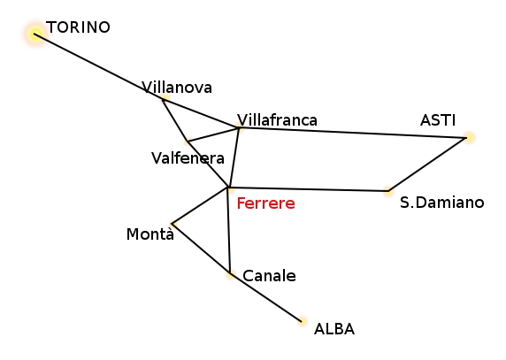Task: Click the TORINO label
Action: click(78, 27)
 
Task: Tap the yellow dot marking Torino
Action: click(34, 34)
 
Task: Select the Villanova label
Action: click(177, 88)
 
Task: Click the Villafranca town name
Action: click(277, 120)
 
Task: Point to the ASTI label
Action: click(438, 120)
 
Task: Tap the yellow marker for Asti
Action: click(469, 138)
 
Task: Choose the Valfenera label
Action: click(188, 158)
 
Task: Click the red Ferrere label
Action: click(266, 203)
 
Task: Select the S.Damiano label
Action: click(441, 203)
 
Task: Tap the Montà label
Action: click(150, 234)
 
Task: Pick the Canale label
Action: click(269, 276)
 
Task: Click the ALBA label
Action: click(334, 329)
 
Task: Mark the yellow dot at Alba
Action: click(303, 321)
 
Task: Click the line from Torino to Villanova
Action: click(99, 66)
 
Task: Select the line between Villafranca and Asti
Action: click(353, 133)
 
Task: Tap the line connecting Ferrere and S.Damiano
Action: click(309, 189)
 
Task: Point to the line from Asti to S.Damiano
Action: click(427, 165)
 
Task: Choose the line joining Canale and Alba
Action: click(266, 297)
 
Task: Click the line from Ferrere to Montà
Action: click(201, 205)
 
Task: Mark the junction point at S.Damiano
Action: click(388, 191)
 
